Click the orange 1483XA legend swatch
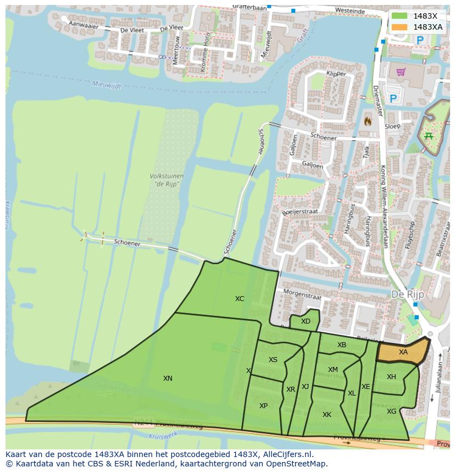[400, 26]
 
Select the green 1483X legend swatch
[400, 16]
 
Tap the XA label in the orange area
[403, 352]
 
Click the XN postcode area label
[168, 378]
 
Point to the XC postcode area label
[240, 299]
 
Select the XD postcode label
[306, 321]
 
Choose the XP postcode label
[263, 405]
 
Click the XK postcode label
[327, 415]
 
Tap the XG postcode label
[391, 411]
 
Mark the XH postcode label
[391, 377]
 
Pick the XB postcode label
[342, 345]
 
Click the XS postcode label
[273, 360]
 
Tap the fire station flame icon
[368, 120]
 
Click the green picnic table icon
[428, 136]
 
